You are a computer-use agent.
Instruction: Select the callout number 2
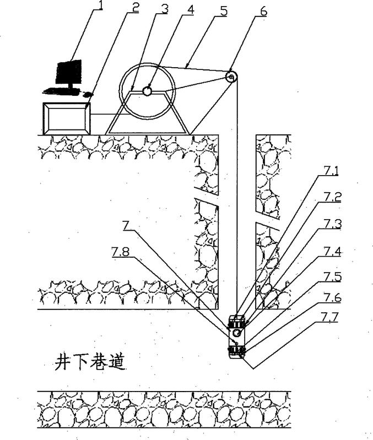click(x=136, y=8)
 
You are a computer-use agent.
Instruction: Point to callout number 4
click(x=191, y=9)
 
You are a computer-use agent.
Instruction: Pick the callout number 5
click(x=224, y=11)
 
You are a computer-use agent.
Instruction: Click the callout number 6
click(x=264, y=12)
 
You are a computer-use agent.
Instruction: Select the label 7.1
click(x=331, y=171)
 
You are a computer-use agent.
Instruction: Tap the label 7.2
click(x=333, y=197)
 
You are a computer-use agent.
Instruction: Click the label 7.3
click(x=333, y=224)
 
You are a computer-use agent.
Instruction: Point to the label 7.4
click(x=333, y=252)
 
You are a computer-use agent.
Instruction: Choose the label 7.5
click(x=333, y=276)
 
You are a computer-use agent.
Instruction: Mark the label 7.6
click(x=333, y=297)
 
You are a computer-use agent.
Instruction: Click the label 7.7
click(x=330, y=317)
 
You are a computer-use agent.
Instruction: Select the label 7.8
click(x=120, y=252)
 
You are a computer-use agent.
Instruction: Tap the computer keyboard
click(x=61, y=91)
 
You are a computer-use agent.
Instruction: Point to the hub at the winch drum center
click(x=147, y=91)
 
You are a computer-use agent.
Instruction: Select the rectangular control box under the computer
click(x=67, y=118)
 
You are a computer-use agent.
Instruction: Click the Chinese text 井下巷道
click(x=90, y=362)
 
